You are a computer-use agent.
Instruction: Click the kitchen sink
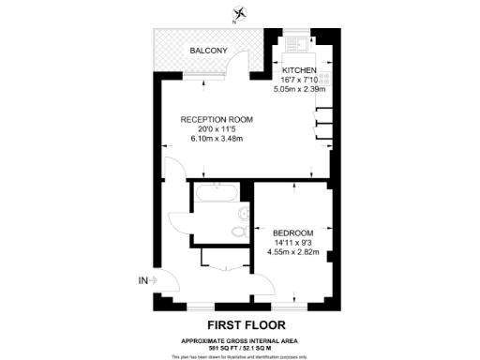click(297, 42)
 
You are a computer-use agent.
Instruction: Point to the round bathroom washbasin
click(246, 213)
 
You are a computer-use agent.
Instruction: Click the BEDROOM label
click(293, 232)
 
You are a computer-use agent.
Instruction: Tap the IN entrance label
click(142, 280)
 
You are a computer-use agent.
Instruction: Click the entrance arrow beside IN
click(155, 280)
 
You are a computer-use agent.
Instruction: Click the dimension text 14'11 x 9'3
click(293, 243)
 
